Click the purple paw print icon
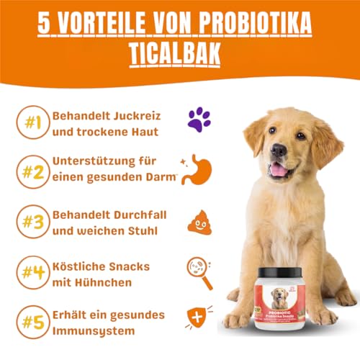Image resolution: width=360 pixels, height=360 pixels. pyautogui.click(x=199, y=119)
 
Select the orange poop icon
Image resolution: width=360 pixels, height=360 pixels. pyautogui.click(x=199, y=222)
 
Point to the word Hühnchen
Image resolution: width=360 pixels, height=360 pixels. pyautogui.click(x=108, y=283)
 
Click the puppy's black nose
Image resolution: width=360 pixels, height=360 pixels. pyautogui.click(x=279, y=150)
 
